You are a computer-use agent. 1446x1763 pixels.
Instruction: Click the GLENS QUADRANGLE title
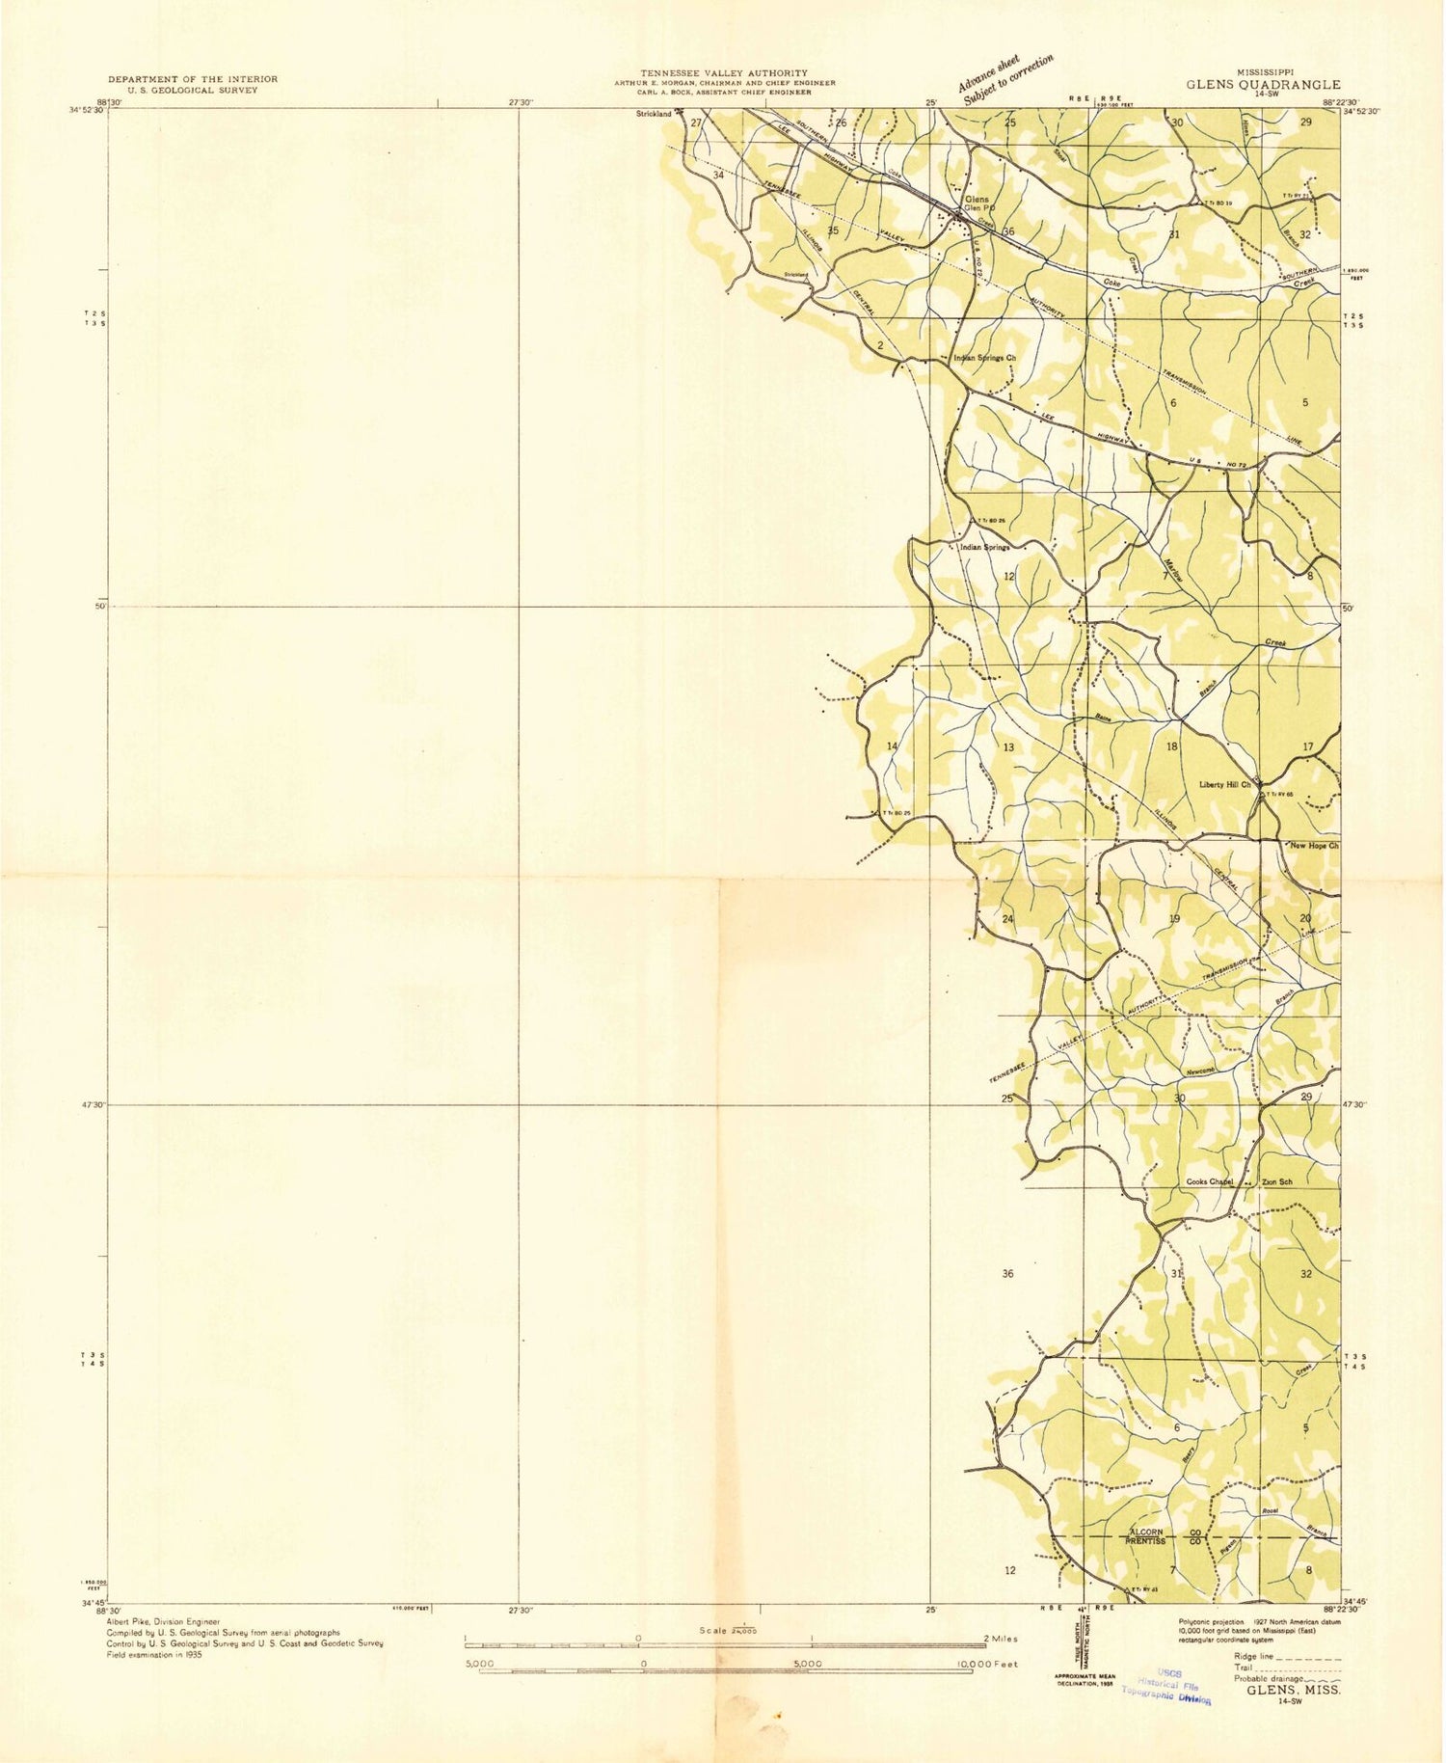(x=1263, y=85)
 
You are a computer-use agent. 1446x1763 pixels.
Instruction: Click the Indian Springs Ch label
(x=984, y=358)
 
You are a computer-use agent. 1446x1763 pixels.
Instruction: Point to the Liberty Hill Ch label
(x=1224, y=784)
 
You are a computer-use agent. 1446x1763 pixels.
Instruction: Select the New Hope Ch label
(x=1315, y=846)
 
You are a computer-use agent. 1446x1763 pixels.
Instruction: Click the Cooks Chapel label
(x=1210, y=1182)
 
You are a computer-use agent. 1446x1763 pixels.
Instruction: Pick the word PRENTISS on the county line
(x=1146, y=1542)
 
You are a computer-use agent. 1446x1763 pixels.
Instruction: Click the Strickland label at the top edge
(x=654, y=114)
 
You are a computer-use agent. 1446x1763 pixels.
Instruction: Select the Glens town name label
(x=976, y=199)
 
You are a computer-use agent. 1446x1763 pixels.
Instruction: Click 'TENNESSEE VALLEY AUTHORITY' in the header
(x=725, y=73)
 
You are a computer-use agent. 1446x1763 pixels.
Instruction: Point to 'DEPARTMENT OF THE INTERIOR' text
(x=193, y=79)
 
